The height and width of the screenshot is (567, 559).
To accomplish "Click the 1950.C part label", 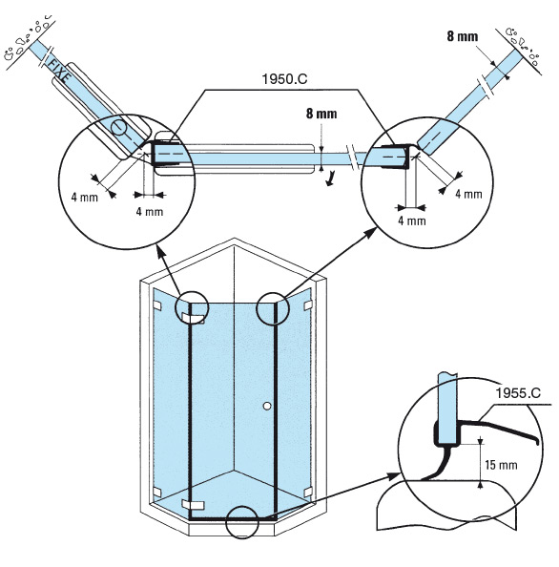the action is click(x=284, y=79).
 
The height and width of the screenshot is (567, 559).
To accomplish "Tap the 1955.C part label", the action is click(x=518, y=393).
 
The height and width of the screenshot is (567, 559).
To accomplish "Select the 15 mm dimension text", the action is click(x=501, y=465).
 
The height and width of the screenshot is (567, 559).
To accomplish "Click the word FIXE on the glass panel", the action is click(x=59, y=70).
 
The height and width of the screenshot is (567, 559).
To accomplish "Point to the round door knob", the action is click(x=267, y=406).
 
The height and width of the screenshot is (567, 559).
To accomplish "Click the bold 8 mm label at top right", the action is click(x=462, y=36).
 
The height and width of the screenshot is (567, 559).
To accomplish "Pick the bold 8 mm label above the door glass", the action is click(x=321, y=114).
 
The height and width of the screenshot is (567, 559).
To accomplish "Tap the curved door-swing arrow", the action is click(x=330, y=179).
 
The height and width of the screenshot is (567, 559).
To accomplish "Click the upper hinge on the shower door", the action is click(x=193, y=318).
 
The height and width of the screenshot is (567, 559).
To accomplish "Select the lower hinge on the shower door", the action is click(x=193, y=504).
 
